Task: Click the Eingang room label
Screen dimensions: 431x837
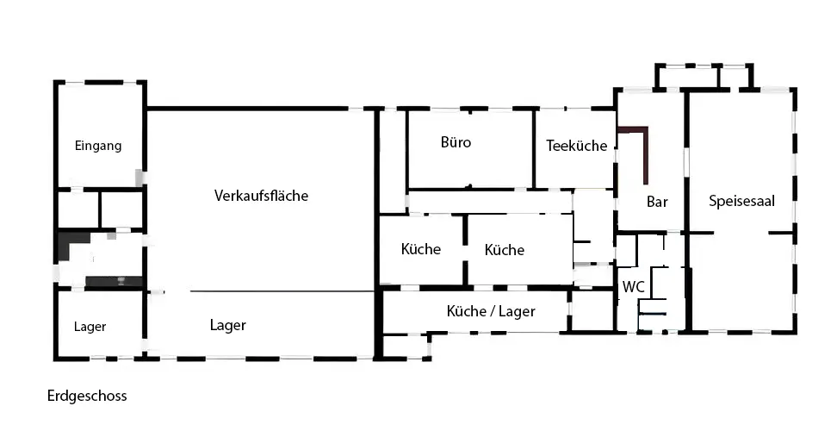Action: pos(98,146)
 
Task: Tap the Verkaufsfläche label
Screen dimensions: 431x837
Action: pos(261,196)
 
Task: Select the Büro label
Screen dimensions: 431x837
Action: pos(456,142)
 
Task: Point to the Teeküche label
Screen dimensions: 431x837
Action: pos(577,146)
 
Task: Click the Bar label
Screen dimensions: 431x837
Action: pos(658,202)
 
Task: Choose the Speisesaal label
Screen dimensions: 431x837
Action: pos(742,201)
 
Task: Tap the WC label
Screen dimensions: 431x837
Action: pos(634,286)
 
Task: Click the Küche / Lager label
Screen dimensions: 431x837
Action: pos(491,311)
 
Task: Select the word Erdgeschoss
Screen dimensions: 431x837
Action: pos(87,396)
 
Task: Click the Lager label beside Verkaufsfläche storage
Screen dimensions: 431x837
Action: pos(228,325)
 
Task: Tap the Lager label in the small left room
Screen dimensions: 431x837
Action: pos(90,327)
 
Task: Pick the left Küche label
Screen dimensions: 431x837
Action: pos(421,249)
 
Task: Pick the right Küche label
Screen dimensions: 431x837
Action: pos(505,250)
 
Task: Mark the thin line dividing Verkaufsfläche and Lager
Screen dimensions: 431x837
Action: pos(284,291)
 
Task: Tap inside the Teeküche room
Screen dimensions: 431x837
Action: pos(575,168)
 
